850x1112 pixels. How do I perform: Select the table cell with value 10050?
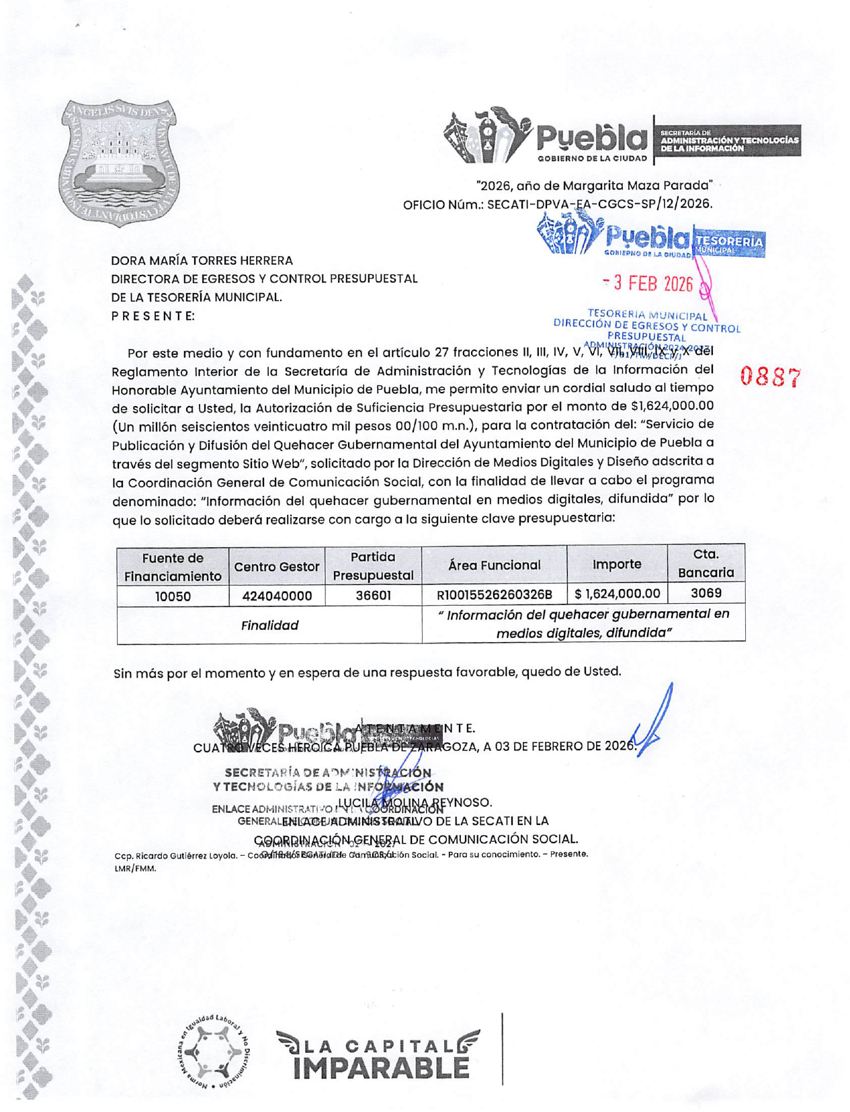[173, 596]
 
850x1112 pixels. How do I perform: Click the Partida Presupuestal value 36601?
[373, 595]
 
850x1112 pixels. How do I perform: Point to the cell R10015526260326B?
[494, 594]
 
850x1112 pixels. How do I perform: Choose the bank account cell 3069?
[706, 593]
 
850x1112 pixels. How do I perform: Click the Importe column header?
[616, 564]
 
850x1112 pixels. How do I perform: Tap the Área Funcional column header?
[494, 565]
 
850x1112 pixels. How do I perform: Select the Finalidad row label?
[269, 625]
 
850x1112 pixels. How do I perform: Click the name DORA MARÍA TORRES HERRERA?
[202, 260]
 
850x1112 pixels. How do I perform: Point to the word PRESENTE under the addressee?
[153, 316]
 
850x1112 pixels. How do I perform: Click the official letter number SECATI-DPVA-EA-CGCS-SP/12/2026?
[599, 204]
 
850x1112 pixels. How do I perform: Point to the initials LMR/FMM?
[135, 868]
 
